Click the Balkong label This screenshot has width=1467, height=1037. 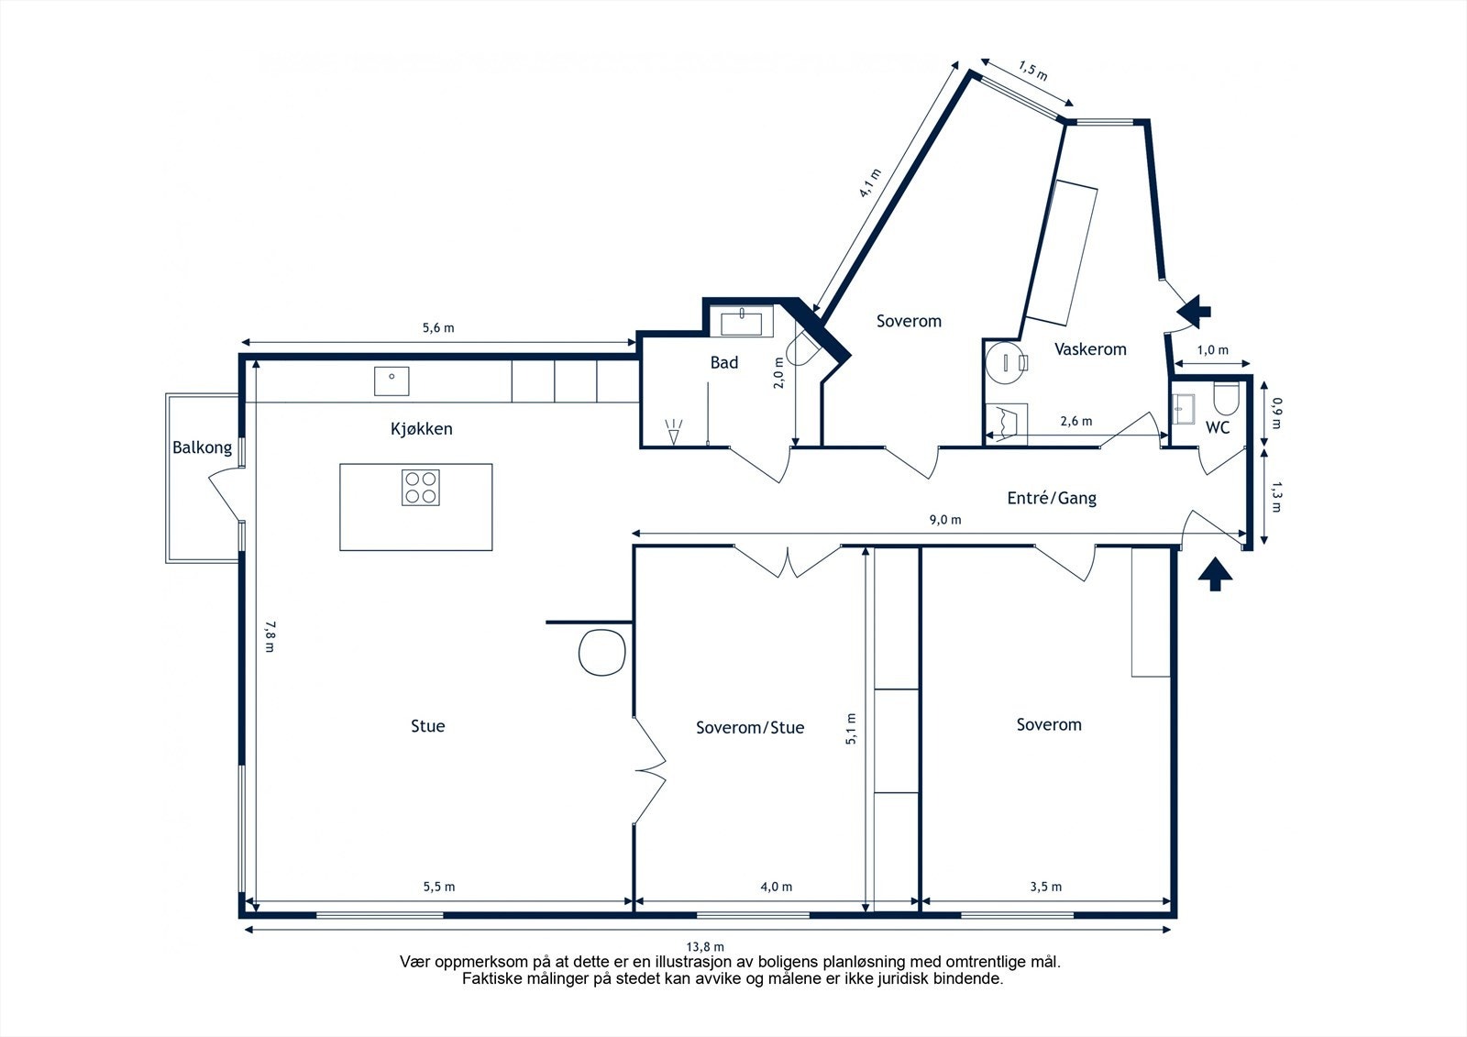point(202,448)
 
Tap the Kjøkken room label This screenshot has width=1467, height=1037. point(421,429)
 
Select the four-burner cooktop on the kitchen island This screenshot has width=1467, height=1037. point(421,488)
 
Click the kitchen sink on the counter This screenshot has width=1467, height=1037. point(392,381)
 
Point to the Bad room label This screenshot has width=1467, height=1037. point(723,362)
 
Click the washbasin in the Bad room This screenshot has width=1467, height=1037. point(741,324)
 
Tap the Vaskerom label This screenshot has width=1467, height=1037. point(1090,349)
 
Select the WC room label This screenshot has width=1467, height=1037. point(1218,428)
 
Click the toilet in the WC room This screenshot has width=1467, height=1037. point(1226,398)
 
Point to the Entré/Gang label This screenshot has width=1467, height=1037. point(1052,499)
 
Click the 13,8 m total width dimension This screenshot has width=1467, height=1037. point(705,946)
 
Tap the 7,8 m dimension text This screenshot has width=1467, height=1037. point(270,636)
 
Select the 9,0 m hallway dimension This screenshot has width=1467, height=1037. point(945,520)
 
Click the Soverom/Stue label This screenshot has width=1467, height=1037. point(750,728)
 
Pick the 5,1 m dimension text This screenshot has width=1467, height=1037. point(851,728)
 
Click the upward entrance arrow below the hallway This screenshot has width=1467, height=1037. point(1216,574)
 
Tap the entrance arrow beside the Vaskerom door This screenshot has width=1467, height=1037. point(1193,311)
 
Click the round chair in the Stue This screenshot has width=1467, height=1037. point(601,653)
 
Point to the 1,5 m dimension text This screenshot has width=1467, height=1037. point(1032,71)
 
